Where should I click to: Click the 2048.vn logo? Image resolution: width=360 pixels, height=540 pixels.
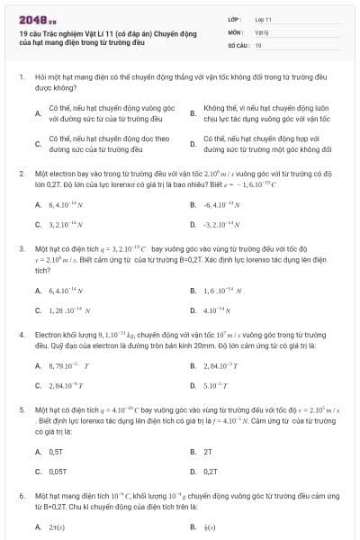coord(38,19)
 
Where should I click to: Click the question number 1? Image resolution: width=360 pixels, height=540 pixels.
coord(21,78)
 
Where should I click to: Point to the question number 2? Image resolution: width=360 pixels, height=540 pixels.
coord(21,172)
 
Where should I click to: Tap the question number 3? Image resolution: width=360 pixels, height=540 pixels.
coord(21,247)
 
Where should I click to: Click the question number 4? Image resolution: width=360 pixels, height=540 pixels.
coord(21,334)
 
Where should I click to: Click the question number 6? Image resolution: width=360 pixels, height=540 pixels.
coord(21,496)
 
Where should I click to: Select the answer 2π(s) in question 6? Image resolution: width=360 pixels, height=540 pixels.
coord(57,527)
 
